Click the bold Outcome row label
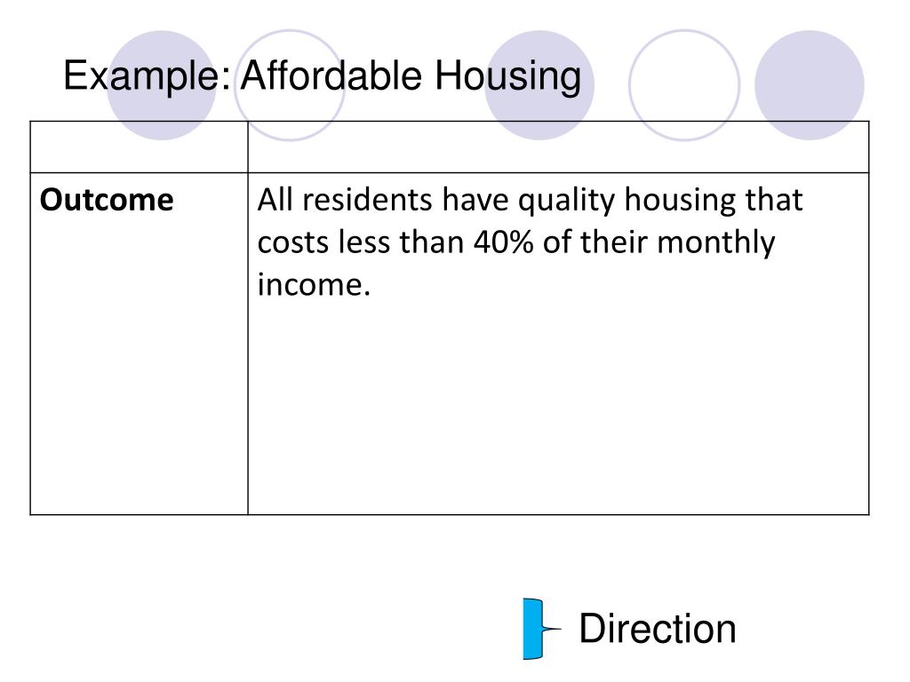click(x=107, y=200)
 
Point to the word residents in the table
click(x=367, y=200)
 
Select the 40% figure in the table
click(x=503, y=242)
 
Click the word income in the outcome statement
click(x=314, y=285)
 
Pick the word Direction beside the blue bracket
click(x=658, y=629)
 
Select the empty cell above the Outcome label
click(x=139, y=147)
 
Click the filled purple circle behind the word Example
click(x=161, y=85)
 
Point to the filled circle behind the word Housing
click(x=539, y=85)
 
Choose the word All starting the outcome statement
click(x=275, y=200)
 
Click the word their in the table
click(x=613, y=242)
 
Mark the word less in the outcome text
click(x=364, y=242)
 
